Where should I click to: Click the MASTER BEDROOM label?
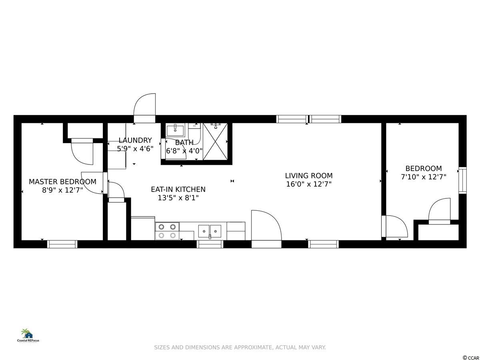click(x=62, y=182)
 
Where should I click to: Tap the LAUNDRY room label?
click(x=135, y=140)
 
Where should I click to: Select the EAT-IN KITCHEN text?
click(x=178, y=189)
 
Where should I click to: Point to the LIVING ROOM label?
click(x=309, y=176)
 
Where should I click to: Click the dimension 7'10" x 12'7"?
click(x=424, y=177)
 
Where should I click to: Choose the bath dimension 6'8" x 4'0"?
click(x=184, y=151)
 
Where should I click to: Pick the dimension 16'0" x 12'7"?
click(x=309, y=184)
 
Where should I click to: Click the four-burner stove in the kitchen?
click(x=167, y=231)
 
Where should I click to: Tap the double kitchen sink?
click(x=210, y=231)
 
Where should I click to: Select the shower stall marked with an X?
click(x=215, y=142)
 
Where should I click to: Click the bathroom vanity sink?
click(x=175, y=130)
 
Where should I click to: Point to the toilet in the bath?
click(x=194, y=133)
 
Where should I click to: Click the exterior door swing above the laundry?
click(x=144, y=104)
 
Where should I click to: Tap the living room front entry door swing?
click(x=266, y=225)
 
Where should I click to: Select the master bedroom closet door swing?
click(x=82, y=152)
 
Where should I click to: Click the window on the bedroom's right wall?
click(x=462, y=180)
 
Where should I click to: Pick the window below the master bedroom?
click(x=62, y=244)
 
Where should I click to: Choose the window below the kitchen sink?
click(x=210, y=244)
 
